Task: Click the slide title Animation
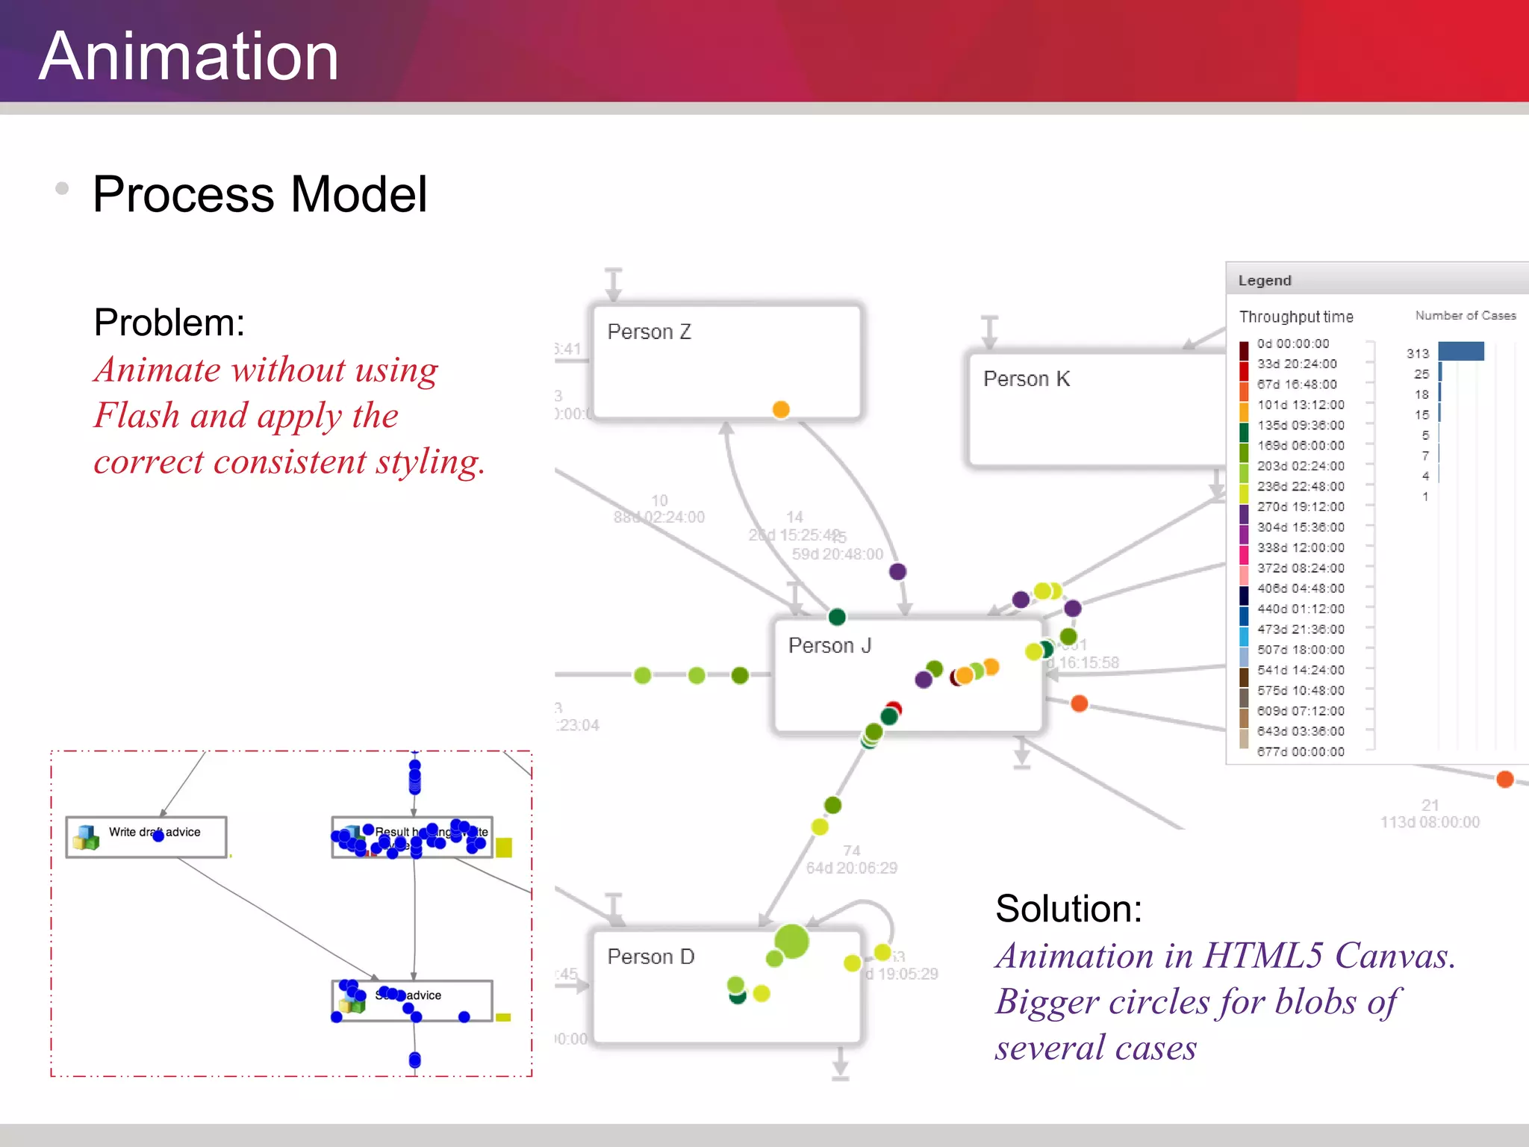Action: coord(189,57)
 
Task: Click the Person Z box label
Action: coord(649,332)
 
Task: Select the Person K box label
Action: coord(1026,379)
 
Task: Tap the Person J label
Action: coord(829,646)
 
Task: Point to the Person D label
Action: coord(650,957)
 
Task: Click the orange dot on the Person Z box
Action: coord(781,409)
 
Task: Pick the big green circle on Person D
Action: coord(791,941)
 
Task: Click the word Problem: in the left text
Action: coord(169,323)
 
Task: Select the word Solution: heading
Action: coord(1068,909)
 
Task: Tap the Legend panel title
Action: coord(1264,281)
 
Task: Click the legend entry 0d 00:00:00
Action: coord(1292,344)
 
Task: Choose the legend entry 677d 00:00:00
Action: coord(1300,752)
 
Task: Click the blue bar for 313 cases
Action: coord(1460,351)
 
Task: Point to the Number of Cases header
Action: coord(1465,316)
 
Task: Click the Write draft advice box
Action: coord(146,836)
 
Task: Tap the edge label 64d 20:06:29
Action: coord(851,868)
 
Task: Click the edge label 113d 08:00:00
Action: coord(1429,822)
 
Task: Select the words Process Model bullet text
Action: coord(260,195)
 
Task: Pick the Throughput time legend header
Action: coord(1296,317)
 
